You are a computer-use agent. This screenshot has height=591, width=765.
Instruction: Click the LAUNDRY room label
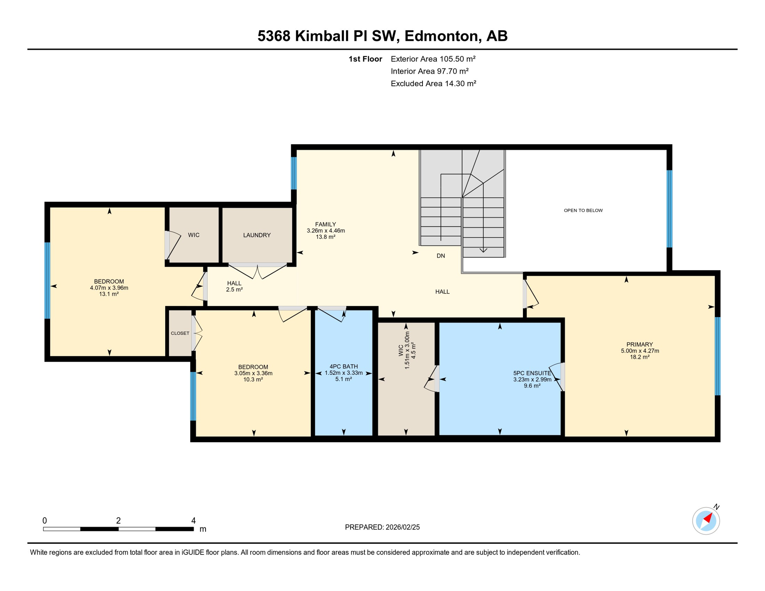(x=257, y=235)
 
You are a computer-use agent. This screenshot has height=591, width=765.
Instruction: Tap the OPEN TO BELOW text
(x=583, y=210)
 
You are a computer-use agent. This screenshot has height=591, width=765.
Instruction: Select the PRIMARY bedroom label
(x=640, y=344)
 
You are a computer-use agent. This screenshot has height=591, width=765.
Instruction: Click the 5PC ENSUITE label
(x=532, y=373)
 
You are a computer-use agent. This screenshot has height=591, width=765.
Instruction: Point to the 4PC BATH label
(x=344, y=367)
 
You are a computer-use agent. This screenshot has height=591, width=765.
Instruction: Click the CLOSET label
(x=180, y=333)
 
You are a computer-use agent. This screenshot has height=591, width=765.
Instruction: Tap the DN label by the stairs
(x=441, y=256)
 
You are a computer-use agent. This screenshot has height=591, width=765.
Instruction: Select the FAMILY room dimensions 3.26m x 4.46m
(x=326, y=231)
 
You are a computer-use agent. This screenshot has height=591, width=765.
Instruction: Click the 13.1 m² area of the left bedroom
(x=109, y=294)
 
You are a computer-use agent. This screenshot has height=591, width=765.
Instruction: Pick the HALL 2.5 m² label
(x=234, y=287)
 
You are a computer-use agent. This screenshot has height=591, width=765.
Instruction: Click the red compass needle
(x=708, y=518)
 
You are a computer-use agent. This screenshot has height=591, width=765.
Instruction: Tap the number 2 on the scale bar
(x=119, y=521)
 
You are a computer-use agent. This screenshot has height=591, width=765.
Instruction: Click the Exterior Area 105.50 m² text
(x=433, y=59)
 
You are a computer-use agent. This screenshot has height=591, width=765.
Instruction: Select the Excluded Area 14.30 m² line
(x=433, y=83)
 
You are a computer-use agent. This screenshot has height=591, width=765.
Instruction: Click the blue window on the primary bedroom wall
(x=717, y=356)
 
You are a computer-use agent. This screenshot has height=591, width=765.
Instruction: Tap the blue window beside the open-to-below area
(x=669, y=209)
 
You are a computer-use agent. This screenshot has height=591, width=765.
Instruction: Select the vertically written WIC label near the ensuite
(x=401, y=350)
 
